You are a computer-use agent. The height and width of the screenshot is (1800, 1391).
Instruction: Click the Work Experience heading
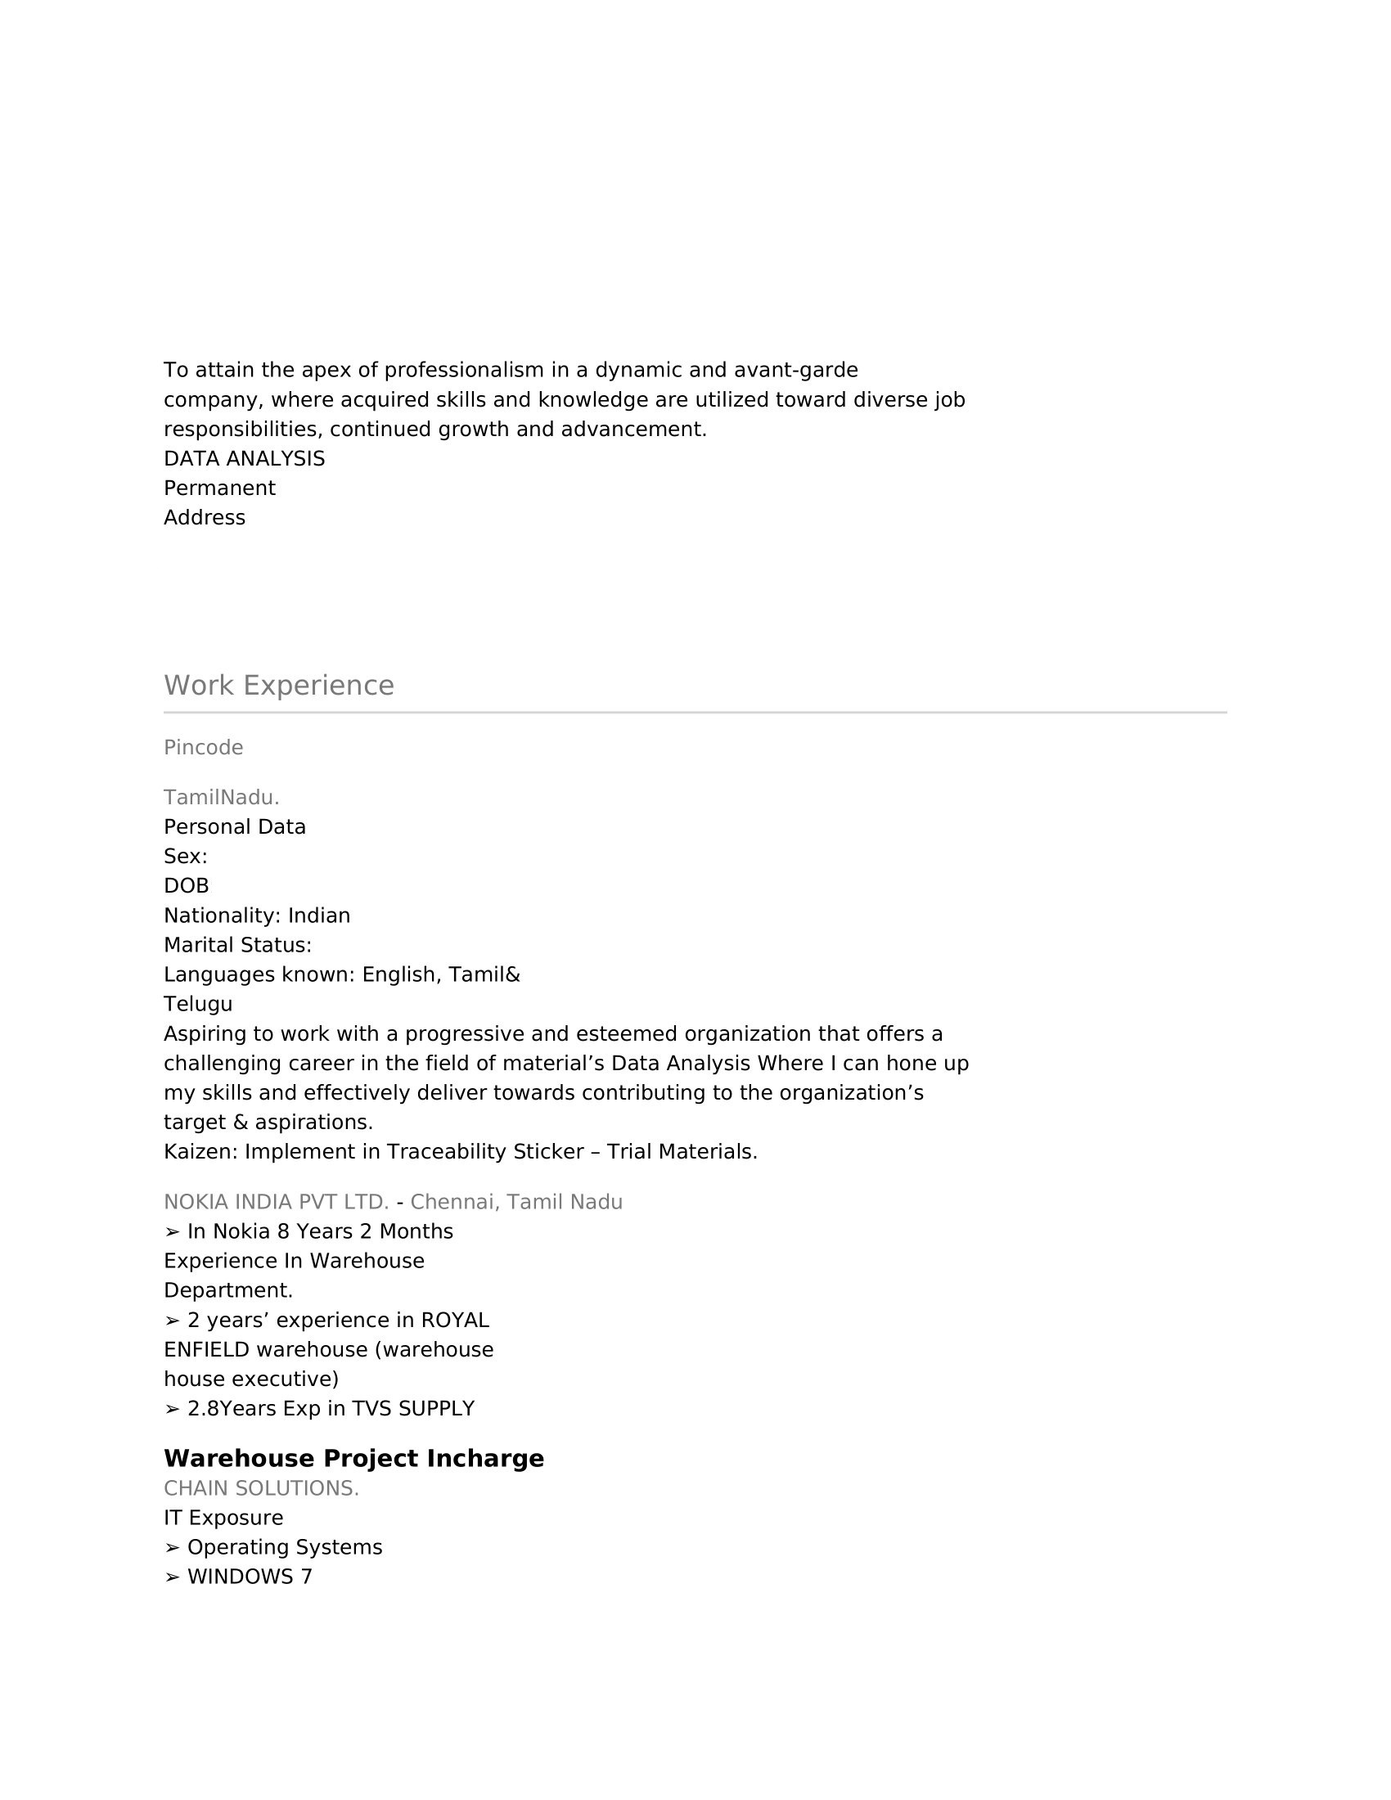(278, 686)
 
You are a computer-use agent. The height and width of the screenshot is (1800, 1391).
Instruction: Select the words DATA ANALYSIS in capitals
(244, 459)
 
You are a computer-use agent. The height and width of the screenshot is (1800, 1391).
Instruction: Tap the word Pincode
(204, 748)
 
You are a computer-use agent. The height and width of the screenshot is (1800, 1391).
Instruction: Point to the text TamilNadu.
(222, 798)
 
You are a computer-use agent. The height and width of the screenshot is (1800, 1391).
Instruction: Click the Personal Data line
(235, 827)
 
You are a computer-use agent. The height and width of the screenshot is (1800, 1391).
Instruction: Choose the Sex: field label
(186, 857)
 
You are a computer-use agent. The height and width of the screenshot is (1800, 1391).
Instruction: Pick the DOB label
(187, 886)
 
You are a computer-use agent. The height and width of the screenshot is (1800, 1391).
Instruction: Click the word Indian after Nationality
(319, 916)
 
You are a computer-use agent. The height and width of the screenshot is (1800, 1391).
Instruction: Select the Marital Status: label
(237, 945)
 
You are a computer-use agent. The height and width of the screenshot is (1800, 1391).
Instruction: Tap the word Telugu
(198, 1005)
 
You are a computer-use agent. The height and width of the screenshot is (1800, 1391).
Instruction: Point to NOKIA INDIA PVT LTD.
(276, 1203)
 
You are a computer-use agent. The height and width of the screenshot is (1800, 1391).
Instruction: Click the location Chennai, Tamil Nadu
(516, 1203)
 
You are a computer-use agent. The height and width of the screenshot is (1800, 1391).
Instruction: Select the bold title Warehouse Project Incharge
(353, 1458)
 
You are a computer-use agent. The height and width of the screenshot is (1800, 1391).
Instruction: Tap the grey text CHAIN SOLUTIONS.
(261, 1488)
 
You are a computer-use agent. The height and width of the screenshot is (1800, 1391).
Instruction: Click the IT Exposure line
(223, 1518)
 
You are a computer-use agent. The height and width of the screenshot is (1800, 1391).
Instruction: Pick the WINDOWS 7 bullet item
(250, 1577)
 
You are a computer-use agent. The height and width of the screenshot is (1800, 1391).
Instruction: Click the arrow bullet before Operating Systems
(171, 1548)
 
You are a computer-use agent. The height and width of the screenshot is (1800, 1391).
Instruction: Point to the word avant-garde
(796, 370)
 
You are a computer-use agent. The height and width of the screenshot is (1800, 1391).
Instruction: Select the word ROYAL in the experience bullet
(455, 1321)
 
